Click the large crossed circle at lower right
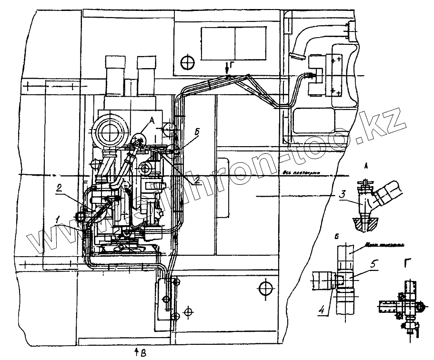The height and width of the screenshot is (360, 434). [x=264, y=287]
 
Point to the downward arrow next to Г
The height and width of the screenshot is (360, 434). [x=228, y=70]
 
